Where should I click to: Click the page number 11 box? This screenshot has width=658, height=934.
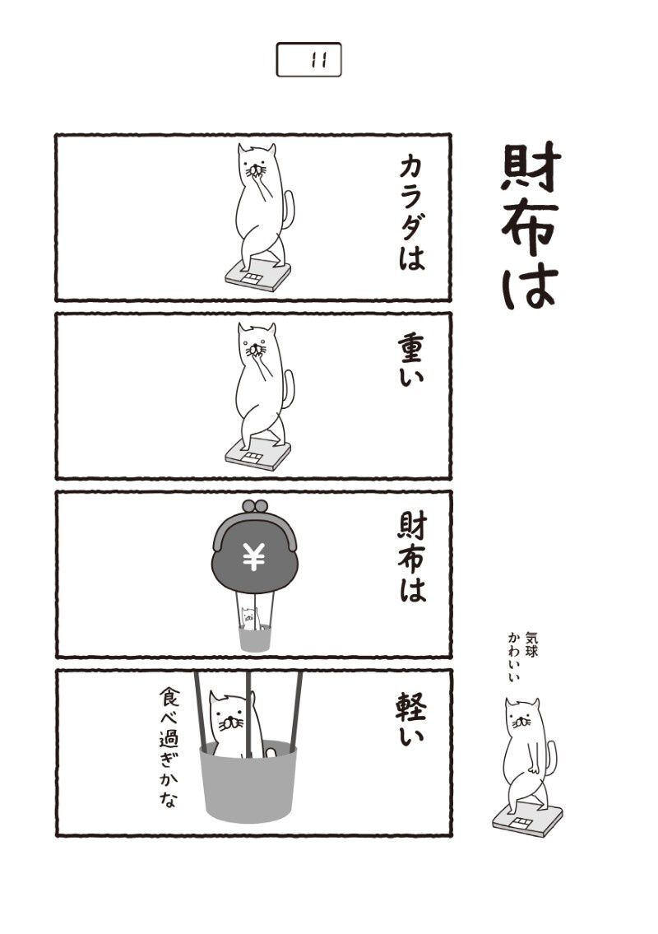(308, 59)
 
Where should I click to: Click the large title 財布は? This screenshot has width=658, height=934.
(530, 226)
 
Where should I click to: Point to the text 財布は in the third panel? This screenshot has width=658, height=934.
(412, 558)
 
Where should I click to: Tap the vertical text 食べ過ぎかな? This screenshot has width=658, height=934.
(169, 748)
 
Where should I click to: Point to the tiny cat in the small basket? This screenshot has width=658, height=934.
(249, 618)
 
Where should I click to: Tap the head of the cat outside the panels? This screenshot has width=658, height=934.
(522, 717)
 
